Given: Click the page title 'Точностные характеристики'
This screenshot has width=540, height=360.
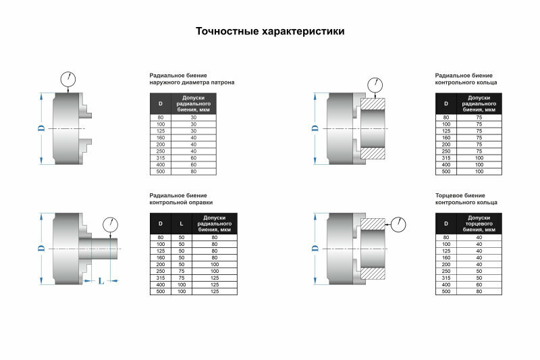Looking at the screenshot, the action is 270,31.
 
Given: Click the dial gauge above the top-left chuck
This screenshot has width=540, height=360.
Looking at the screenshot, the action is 68,78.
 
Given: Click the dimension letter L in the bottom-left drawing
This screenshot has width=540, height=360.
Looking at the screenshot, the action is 101,280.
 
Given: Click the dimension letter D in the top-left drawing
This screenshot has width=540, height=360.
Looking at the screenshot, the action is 40,128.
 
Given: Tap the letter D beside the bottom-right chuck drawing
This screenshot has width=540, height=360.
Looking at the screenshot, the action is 314,248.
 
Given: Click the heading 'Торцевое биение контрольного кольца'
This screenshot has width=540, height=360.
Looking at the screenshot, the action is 466,199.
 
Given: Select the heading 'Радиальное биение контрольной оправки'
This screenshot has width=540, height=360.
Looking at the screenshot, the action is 181,199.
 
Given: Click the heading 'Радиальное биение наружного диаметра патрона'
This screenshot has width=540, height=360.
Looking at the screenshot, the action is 192,79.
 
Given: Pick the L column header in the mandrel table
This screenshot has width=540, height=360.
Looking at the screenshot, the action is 181,223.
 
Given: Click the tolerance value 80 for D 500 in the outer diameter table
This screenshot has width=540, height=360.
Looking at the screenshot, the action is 194,172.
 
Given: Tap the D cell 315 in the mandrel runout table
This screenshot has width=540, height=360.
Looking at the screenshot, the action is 161,278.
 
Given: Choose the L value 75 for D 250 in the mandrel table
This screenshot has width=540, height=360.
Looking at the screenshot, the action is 181,271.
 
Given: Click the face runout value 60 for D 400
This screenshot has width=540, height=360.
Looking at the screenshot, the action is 479,284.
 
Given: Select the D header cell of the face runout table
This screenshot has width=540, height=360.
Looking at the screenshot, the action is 446,223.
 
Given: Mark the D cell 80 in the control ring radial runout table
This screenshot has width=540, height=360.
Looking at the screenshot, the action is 446,118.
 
